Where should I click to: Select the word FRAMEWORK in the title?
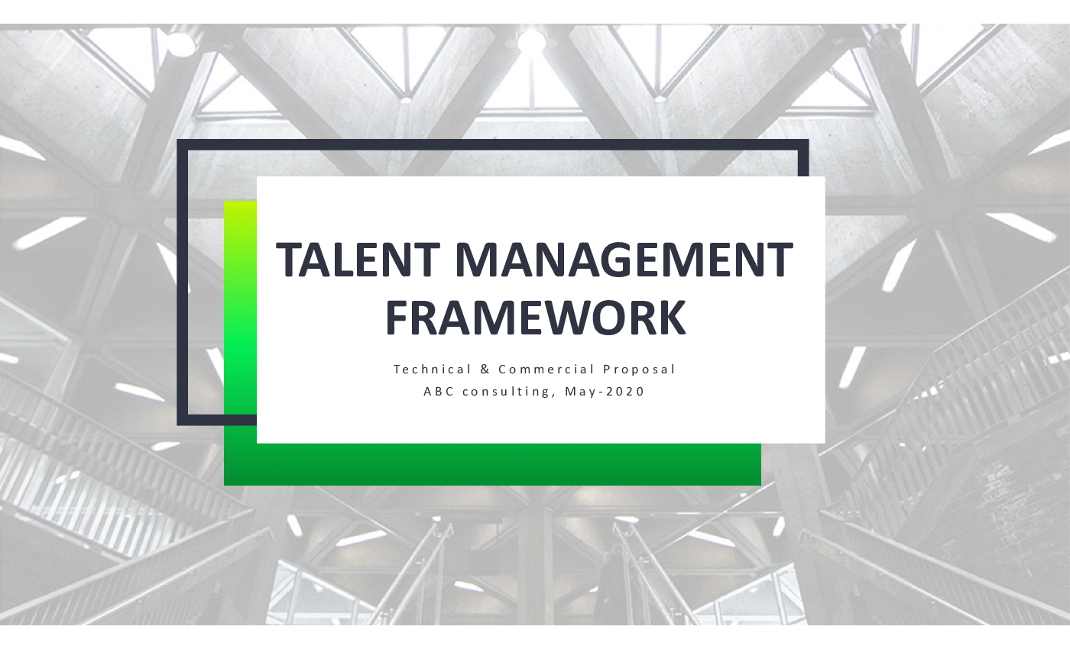536,318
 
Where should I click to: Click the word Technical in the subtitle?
433,370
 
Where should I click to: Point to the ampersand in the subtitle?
485,370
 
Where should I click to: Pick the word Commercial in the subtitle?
546,370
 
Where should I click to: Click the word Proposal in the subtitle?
639,370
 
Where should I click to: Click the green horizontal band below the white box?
492,464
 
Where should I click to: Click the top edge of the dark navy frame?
492,144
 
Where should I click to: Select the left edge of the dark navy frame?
182,282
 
